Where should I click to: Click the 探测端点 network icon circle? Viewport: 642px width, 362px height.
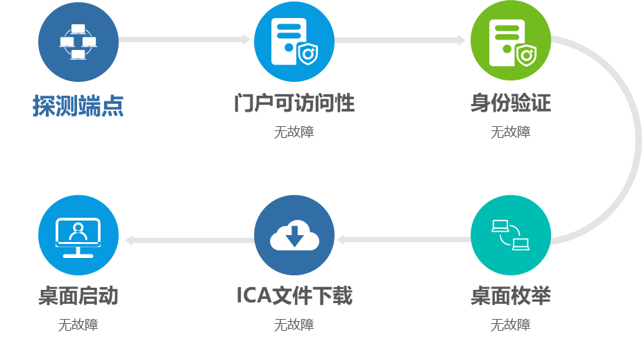coord(78,42)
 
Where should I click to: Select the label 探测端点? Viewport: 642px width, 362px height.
coord(78,105)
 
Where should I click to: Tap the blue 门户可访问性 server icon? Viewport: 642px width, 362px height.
coord(294,42)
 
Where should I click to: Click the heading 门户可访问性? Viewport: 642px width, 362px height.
coord(294,104)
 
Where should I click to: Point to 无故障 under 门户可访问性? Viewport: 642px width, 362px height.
coord(294,132)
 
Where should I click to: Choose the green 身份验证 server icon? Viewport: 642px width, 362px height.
coord(510,42)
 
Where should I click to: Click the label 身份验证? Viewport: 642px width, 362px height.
coord(510,104)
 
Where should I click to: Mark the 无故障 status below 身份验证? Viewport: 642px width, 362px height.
coord(510,132)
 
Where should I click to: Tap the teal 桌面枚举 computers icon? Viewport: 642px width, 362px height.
coord(510,235)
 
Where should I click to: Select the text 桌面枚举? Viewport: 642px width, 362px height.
coord(510,296)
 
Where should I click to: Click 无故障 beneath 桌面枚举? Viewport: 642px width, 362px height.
coord(510,325)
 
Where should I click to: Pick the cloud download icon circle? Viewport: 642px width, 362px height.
coord(294,235)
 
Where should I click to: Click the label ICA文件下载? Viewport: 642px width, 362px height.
coord(294,296)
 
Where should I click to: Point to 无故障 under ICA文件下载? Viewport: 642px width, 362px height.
coord(294,325)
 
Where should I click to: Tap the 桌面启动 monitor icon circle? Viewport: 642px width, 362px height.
coord(78,235)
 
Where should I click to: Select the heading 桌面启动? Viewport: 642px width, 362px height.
coord(78,296)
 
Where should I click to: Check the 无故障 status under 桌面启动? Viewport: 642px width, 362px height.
coord(78,325)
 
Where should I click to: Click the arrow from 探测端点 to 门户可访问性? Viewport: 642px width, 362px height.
coord(184,40)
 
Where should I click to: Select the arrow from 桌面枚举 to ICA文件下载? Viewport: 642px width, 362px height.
coord(403,240)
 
